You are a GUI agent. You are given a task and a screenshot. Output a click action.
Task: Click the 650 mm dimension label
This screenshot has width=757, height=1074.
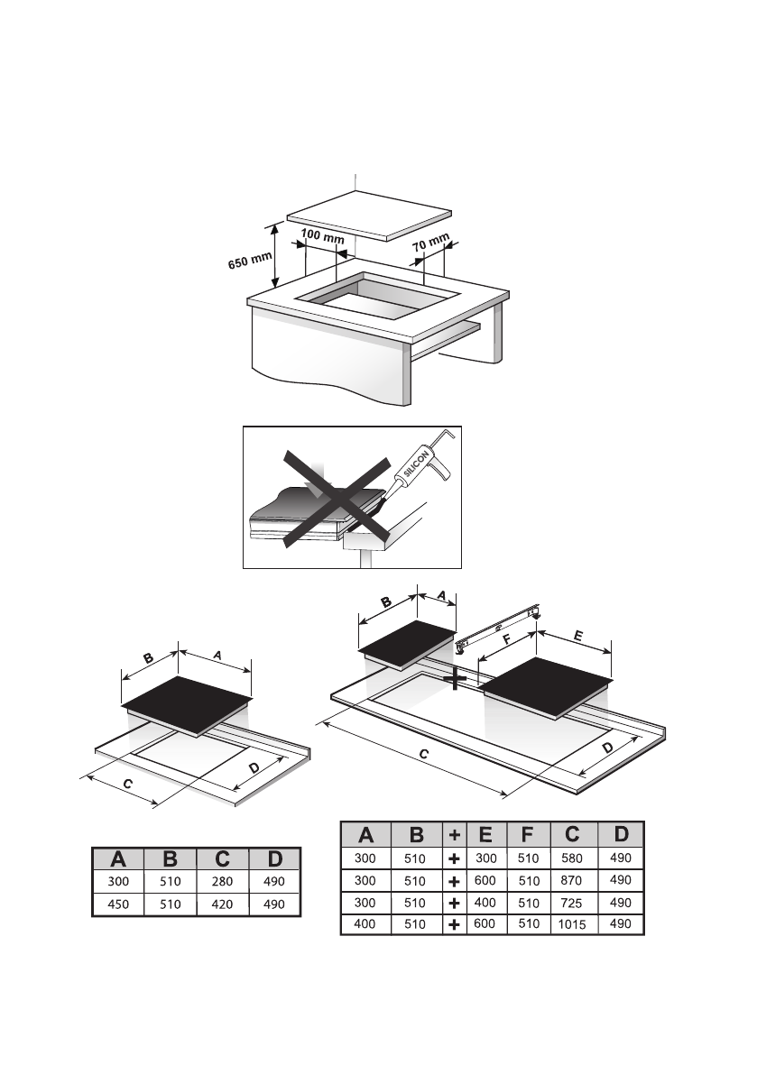click(250, 262)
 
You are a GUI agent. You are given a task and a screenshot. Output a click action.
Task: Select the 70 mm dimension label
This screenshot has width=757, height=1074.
click(431, 243)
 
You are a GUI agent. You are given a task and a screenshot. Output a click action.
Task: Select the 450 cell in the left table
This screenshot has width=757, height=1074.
click(118, 904)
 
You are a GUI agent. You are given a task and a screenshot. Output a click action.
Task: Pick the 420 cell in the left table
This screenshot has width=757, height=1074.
click(222, 904)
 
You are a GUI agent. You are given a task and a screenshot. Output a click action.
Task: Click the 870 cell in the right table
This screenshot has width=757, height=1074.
click(572, 880)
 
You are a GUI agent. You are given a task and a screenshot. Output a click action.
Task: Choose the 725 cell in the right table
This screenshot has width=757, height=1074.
click(572, 902)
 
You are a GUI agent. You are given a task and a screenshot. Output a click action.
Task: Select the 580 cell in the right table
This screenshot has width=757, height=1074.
click(572, 858)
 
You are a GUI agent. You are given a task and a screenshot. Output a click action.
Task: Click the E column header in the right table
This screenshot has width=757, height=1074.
click(485, 835)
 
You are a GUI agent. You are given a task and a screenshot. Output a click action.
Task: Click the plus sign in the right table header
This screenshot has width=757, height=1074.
click(455, 835)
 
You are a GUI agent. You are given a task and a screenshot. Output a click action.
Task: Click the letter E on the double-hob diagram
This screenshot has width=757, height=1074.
click(577, 637)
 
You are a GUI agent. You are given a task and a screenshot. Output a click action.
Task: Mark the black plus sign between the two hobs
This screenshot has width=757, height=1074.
click(457, 679)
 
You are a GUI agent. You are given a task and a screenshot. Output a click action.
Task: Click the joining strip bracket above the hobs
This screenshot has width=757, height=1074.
click(499, 628)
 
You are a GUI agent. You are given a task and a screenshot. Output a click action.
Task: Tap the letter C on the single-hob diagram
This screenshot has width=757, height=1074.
click(128, 785)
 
